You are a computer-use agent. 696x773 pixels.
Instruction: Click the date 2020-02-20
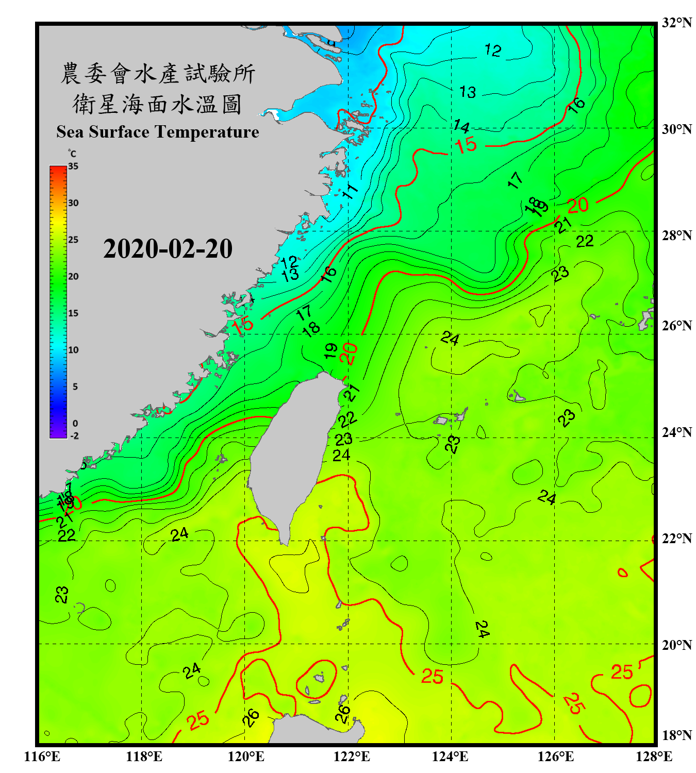[x=168, y=249]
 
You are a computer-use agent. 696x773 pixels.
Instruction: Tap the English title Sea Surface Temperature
[x=158, y=132]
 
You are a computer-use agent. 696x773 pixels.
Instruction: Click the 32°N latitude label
[x=676, y=23]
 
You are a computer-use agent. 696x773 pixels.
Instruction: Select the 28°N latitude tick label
[x=676, y=236]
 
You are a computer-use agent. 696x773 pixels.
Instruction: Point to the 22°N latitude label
[x=676, y=539]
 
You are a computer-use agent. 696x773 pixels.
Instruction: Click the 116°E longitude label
[x=42, y=757]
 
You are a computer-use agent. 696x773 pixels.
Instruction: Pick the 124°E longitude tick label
[x=450, y=757]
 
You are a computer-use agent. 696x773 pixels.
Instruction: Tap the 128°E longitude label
[x=654, y=757]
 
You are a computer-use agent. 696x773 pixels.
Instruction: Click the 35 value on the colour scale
[x=73, y=166]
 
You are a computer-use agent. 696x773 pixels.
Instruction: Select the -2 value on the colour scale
[x=74, y=436]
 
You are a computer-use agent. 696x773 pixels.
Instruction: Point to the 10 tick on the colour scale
[x=73, y=350]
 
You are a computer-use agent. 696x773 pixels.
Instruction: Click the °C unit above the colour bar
[x=72, y=154]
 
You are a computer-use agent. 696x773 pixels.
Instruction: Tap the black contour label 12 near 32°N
[x=493, y=50]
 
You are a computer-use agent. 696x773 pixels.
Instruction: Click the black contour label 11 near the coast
[x=350, y=191]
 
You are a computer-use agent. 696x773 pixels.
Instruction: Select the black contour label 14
[x=461, y=126]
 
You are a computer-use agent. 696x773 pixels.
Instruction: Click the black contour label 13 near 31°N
[x=468, y=92]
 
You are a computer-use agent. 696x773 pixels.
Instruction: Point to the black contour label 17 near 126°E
[x=515, y=180]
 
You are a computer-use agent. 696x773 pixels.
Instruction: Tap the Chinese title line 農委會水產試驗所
[x=158, y=74]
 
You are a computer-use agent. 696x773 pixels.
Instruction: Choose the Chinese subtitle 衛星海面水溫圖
[x=157, y=104]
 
